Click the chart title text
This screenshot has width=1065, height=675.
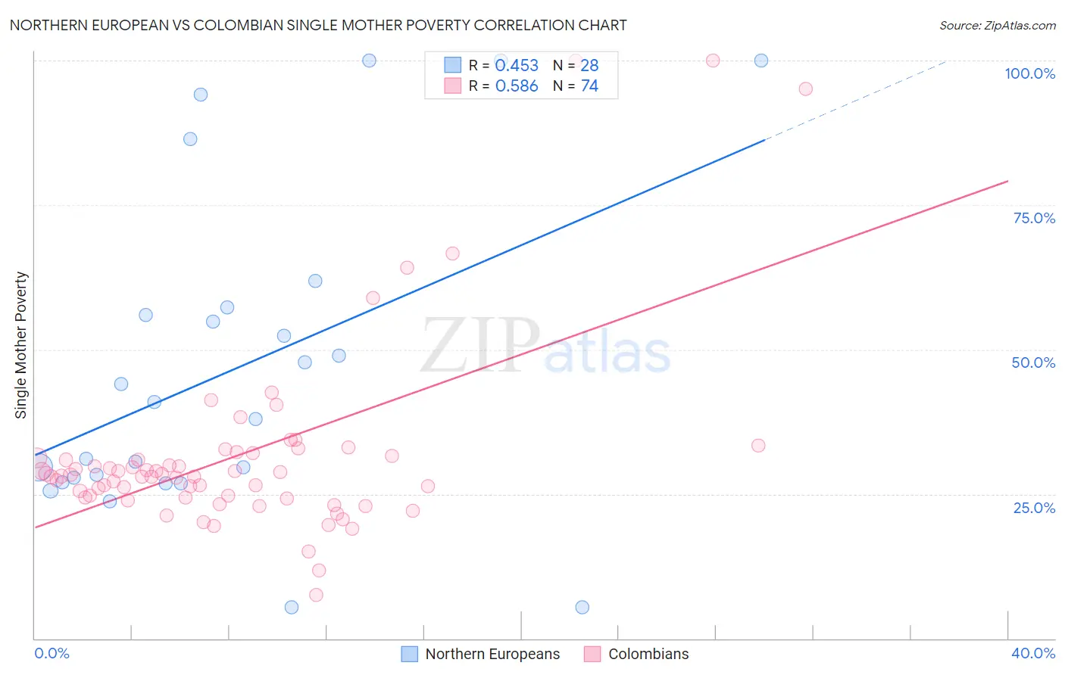318,25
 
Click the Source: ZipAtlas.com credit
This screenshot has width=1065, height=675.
997,25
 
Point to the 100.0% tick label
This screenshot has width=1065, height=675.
1029,73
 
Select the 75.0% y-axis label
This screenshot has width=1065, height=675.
1034,218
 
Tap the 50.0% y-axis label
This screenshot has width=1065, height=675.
1033,362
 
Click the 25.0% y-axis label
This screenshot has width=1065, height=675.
1034,507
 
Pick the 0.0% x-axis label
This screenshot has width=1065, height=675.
52,653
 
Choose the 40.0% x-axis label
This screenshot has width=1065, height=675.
1032,653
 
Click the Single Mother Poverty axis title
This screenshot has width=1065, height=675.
21,345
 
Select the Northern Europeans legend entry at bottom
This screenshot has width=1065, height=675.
481,654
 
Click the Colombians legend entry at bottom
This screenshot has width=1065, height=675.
637,654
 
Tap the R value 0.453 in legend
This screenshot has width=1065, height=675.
517,66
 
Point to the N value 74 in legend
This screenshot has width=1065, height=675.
589,86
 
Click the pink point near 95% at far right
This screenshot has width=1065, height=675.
805,89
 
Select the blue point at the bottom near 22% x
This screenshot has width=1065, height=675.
582,607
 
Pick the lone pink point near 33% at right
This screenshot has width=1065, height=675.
758,446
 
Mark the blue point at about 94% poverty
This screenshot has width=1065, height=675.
201,95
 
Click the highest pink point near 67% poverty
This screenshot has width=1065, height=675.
452,254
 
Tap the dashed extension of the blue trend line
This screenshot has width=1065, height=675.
856,99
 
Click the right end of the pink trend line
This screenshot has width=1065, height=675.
1007,182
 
